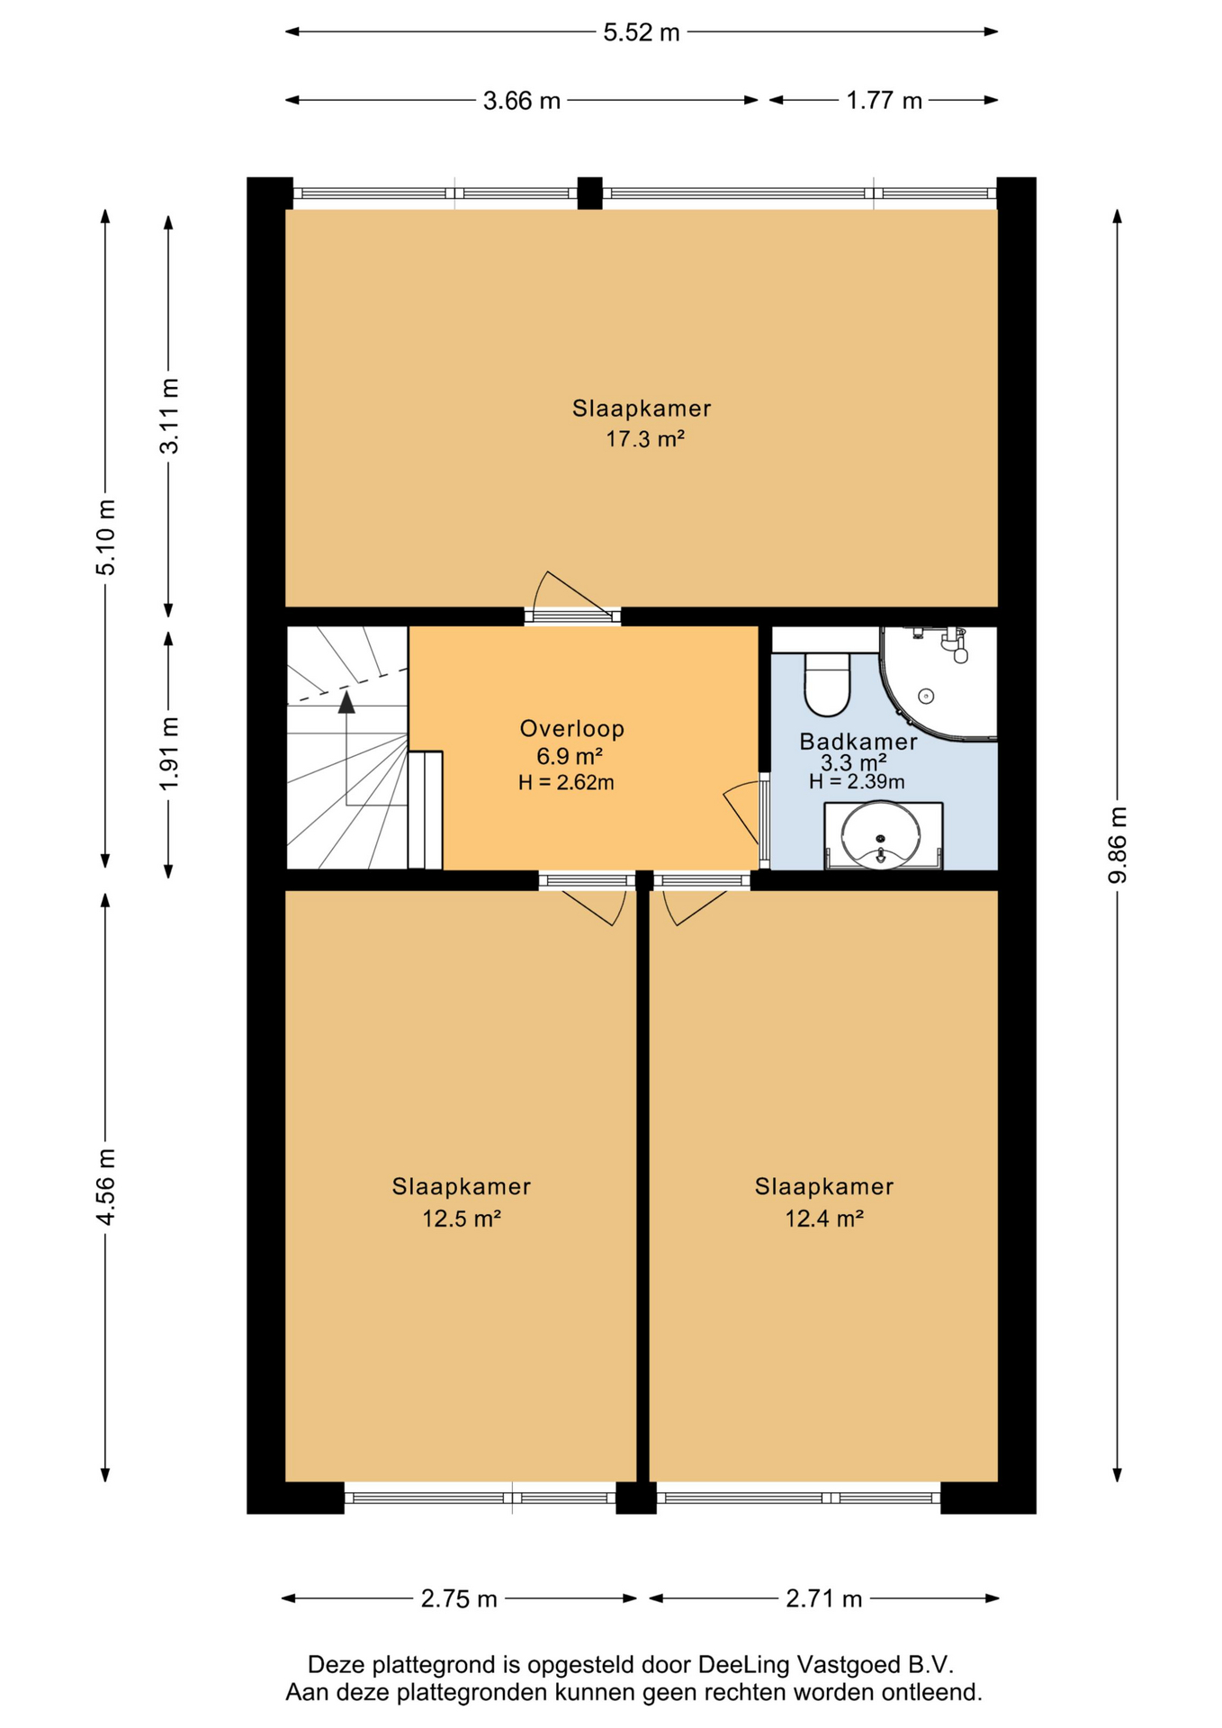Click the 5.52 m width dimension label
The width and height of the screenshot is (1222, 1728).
coord(641,32)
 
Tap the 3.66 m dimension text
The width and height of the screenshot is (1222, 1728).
coord(521,101)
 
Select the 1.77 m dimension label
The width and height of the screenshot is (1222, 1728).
coord(884,101)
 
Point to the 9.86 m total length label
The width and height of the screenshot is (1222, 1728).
coord(1117,845)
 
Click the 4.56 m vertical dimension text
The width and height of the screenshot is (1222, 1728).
coord(105,1186)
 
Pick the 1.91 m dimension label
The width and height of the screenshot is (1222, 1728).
coord(168,753)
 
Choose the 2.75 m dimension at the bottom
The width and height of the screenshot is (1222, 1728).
coord(459,1598)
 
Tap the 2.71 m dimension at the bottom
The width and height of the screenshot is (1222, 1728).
coord(823,1598)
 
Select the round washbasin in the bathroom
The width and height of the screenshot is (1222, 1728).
coord(880,834)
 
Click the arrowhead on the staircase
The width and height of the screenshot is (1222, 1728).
coord(346,703)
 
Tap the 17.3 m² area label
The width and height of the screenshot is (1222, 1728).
coord(644,439)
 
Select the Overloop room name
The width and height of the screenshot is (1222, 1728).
coord(571,728)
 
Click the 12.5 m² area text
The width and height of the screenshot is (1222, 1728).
coord(461,1219)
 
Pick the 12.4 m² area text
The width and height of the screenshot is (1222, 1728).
coord(824,1219)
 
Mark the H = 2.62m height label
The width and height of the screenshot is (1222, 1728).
coord(566,783)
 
